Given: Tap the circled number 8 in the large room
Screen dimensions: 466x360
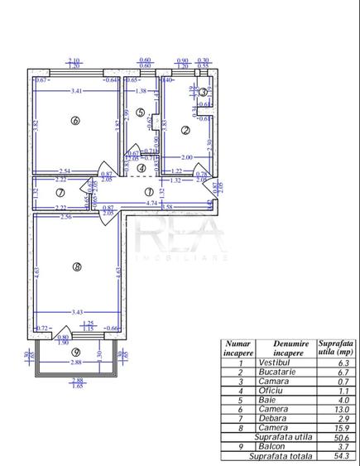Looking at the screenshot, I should pyautogui.click(x=76, y=267).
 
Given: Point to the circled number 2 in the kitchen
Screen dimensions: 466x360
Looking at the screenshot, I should pyautogui.click(x=185, y=130).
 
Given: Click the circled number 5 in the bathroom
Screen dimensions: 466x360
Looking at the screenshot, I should pyautogui.click(x=141, y=113).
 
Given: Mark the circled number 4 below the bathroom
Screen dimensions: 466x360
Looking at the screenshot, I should pyautogui.click(x=142, y=167).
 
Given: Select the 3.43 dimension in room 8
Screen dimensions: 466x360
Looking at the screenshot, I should pyautogui.click(x=77, y=311).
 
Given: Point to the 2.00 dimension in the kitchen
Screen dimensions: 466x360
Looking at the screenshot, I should pyautogui.click(x=187, y=157).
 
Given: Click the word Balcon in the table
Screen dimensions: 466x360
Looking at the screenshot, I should pyautogui.click(x=274, y=445).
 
